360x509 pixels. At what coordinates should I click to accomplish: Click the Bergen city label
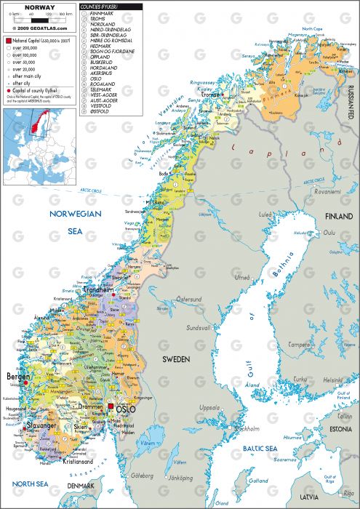coord(18,377)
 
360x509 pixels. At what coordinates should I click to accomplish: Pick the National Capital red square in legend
coord(7,41)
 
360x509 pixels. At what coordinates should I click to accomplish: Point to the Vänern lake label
coord(149,443)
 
